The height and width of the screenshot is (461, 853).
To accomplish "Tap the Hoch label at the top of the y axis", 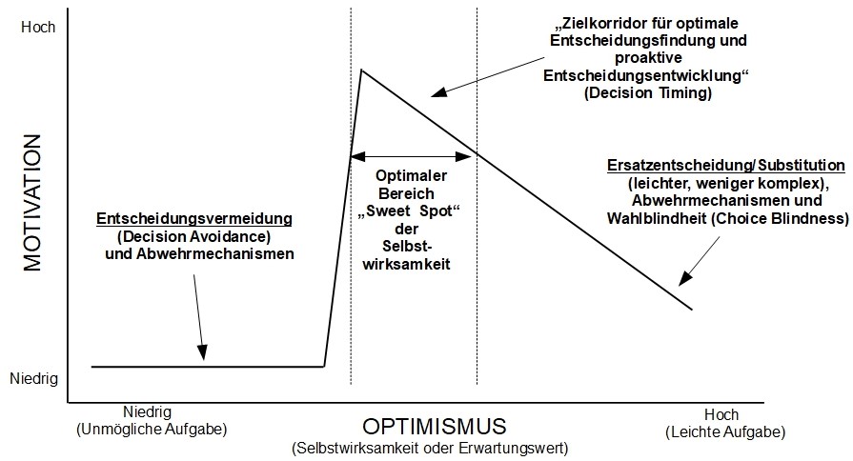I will (x=38, y=28).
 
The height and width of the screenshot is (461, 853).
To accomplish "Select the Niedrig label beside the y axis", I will (x=34, y=378).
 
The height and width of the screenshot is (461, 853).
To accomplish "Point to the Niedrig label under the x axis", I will (x=147, y=412).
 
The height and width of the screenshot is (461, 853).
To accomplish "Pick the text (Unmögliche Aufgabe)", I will (x=151, y=430).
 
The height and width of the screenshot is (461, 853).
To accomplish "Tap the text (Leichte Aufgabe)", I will (x=724, y=431).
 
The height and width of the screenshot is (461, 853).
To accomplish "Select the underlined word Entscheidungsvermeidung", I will (x=193, y=220).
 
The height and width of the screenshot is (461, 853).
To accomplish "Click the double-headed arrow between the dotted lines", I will (x=414, y=156).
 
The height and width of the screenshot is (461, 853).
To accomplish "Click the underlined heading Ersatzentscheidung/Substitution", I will (x=725, y=165).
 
